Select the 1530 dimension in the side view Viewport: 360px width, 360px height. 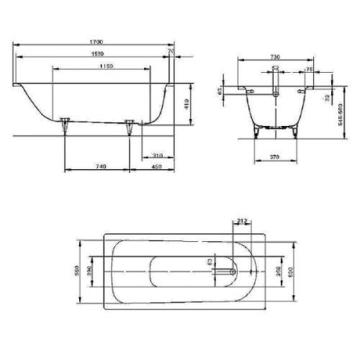coord(91,53)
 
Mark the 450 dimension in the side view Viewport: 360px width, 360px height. coord(156,166)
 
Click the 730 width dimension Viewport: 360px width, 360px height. coord(275,56)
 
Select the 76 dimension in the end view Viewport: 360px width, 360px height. coord(308,69)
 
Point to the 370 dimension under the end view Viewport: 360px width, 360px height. coord(274,156)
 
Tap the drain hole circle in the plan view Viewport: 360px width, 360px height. coord(231,271)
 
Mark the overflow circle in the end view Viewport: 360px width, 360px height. coord(275,95)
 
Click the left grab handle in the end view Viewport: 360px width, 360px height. coord(250,92)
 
